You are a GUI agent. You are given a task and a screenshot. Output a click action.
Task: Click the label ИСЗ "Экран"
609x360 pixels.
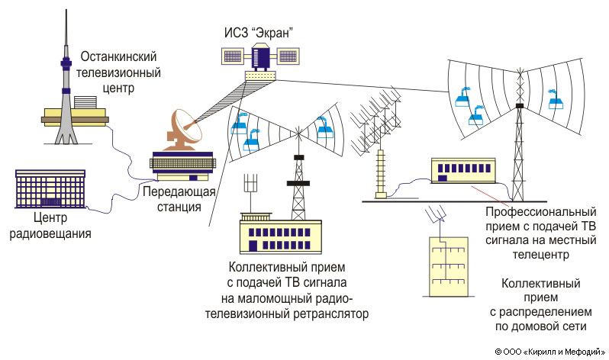[258, 33]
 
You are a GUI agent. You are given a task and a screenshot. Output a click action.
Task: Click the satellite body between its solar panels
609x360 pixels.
[260, 56]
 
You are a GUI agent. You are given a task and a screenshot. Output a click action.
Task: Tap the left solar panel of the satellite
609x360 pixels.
[233, 56]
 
